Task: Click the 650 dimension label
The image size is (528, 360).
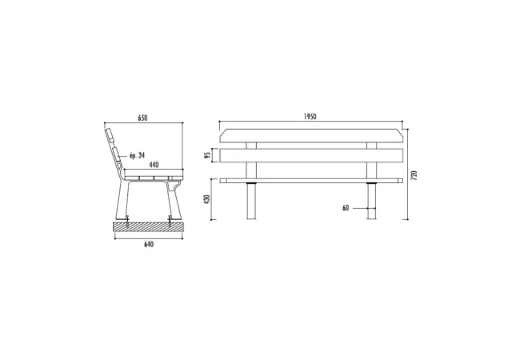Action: (x=142, y=118)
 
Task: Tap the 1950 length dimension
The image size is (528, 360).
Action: (x=310, y=117)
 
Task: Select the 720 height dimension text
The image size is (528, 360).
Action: (x=414, y=175)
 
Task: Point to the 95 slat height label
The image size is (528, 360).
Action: (x=208, y=155)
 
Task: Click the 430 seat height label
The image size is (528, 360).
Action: (x=207, y=199)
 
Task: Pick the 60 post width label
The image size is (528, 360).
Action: (x=346, y=208)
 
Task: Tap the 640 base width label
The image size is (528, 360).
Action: (x=149, y=244)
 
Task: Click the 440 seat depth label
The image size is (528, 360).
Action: (x=154, y=165)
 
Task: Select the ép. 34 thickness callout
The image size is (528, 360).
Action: (x=137, y=155)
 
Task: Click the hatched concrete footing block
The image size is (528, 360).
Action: (x=149, y=226)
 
